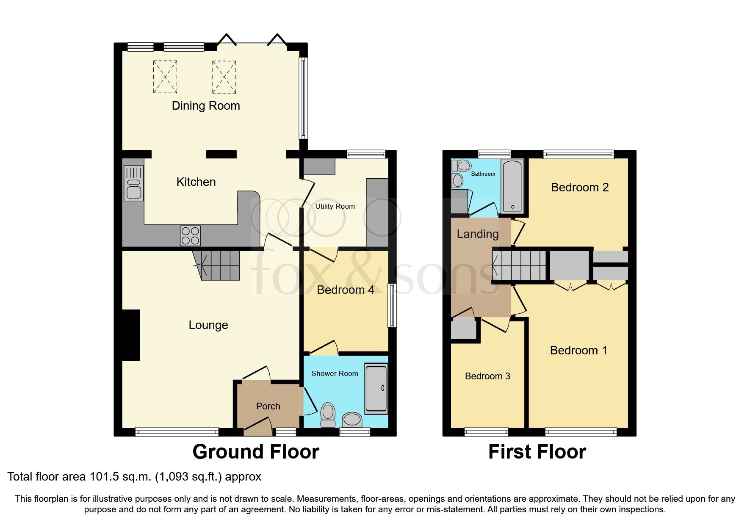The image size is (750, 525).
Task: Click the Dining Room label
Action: point(206,106)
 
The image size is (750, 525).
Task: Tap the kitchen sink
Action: point(133,183)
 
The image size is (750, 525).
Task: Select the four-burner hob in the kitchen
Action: point(190,236)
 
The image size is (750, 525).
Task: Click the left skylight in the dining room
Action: point(165,77)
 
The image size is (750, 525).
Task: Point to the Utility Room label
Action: point(335,206)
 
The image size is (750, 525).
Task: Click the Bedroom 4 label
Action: point(345,290)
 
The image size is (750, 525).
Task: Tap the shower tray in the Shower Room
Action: point(376,388)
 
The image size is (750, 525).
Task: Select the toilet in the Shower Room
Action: point(328,414)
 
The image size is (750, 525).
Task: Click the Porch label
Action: point(268,406)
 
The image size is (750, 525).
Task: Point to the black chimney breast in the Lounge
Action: point(131,335)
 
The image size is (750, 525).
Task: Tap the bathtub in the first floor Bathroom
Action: point(512,186)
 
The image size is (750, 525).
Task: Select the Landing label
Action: point(477,234)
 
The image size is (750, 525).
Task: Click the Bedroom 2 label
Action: point(579,188)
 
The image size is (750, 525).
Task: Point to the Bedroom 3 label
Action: point(487,376)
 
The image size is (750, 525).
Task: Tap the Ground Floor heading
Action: point(255,452)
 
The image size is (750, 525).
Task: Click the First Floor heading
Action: point(537,452)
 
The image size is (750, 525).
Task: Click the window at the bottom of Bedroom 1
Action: point(581,432)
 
